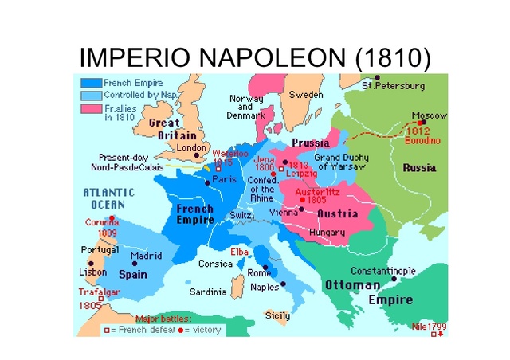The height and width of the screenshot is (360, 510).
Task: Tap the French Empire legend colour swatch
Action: (91, 83)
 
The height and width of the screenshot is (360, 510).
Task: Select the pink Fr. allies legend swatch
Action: (91, 107)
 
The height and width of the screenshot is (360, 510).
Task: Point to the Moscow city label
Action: (430, 115)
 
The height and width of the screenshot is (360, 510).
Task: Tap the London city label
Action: (192, 147)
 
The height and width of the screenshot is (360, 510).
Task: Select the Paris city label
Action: (224, 180)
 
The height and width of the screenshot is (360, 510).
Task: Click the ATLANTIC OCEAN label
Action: (109, 198)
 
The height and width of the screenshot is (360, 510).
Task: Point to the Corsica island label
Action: (214, 264)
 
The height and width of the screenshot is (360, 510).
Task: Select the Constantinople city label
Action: (383, 271)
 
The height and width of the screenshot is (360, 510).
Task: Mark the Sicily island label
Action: (277, 315)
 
